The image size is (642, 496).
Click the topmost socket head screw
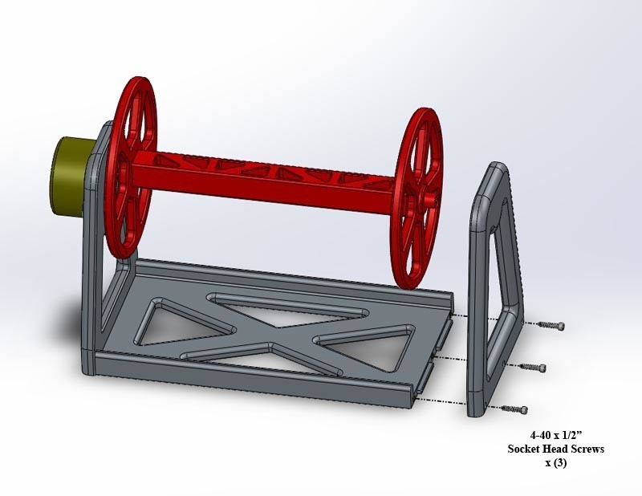point(550,325)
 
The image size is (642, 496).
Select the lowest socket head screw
point(514,409)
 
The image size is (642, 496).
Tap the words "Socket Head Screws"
point(555,449)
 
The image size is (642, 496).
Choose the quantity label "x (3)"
point(555,463)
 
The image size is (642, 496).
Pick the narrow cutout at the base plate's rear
point(265,301)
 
